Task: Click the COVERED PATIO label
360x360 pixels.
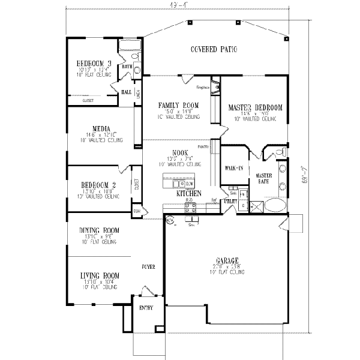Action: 213,49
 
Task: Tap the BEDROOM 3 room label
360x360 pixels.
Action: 94,64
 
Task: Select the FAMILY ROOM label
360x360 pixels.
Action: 178,106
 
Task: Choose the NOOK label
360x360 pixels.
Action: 179,152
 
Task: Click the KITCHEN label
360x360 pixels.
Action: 187,194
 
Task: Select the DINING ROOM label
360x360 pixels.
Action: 100,230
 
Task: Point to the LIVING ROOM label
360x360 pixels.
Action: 99,277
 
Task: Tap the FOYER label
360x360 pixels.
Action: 149,265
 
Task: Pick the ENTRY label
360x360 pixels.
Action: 146,308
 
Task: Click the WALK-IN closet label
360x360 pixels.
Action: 233,168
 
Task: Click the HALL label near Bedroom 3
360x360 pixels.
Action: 127,92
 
